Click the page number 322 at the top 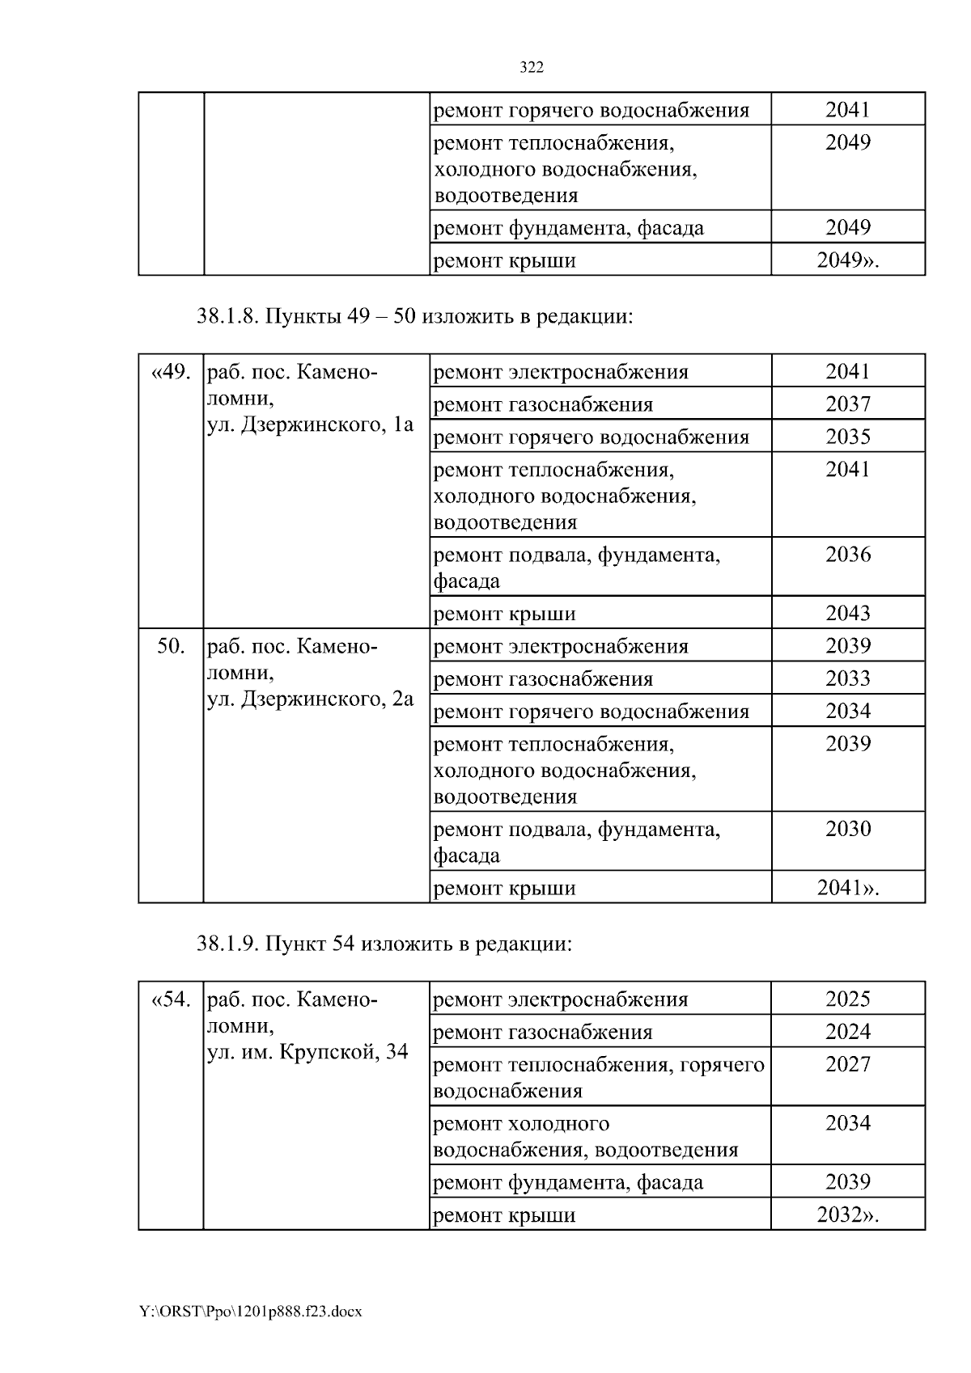[x=531, y=68]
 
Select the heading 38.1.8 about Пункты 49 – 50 [x=413, y=316]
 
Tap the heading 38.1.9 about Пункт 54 [x=384, y=944]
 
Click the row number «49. [x=171, y=372]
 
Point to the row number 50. [x=171, y=646]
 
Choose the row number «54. [x=171, y=999]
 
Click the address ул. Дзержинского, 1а [x=311, y=425]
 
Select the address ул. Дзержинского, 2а [x=311, y=699]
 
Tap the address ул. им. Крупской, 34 [x=307, y=1052]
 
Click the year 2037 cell [x=847, y=403]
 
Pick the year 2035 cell [x=847, y=437]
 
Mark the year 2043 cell [x=847, y=613]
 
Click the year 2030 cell [x=847, y=829]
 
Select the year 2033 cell [x=847, y=678]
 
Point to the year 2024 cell [x=847, y=1032]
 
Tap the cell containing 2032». [x=847, y=1215]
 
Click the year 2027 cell [x=847, y=1064]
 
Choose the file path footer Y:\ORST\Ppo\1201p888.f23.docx [x=251, y=1312]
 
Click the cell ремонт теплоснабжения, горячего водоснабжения [x=599, y=1077]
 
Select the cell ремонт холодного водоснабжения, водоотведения [x=586, y=1136]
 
